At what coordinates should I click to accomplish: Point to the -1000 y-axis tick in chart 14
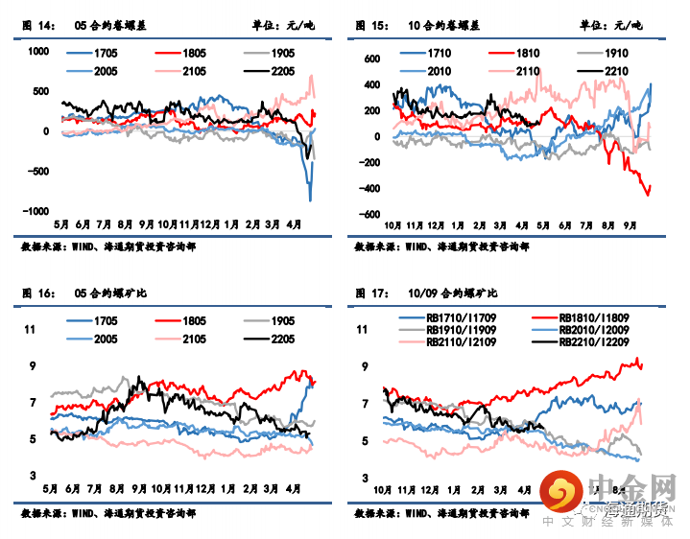click(36, 212)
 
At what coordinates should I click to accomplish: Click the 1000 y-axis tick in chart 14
click(37, 53)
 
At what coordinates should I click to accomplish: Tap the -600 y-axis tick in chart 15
click(367, 215)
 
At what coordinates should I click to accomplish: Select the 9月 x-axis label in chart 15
click(631, 226)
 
